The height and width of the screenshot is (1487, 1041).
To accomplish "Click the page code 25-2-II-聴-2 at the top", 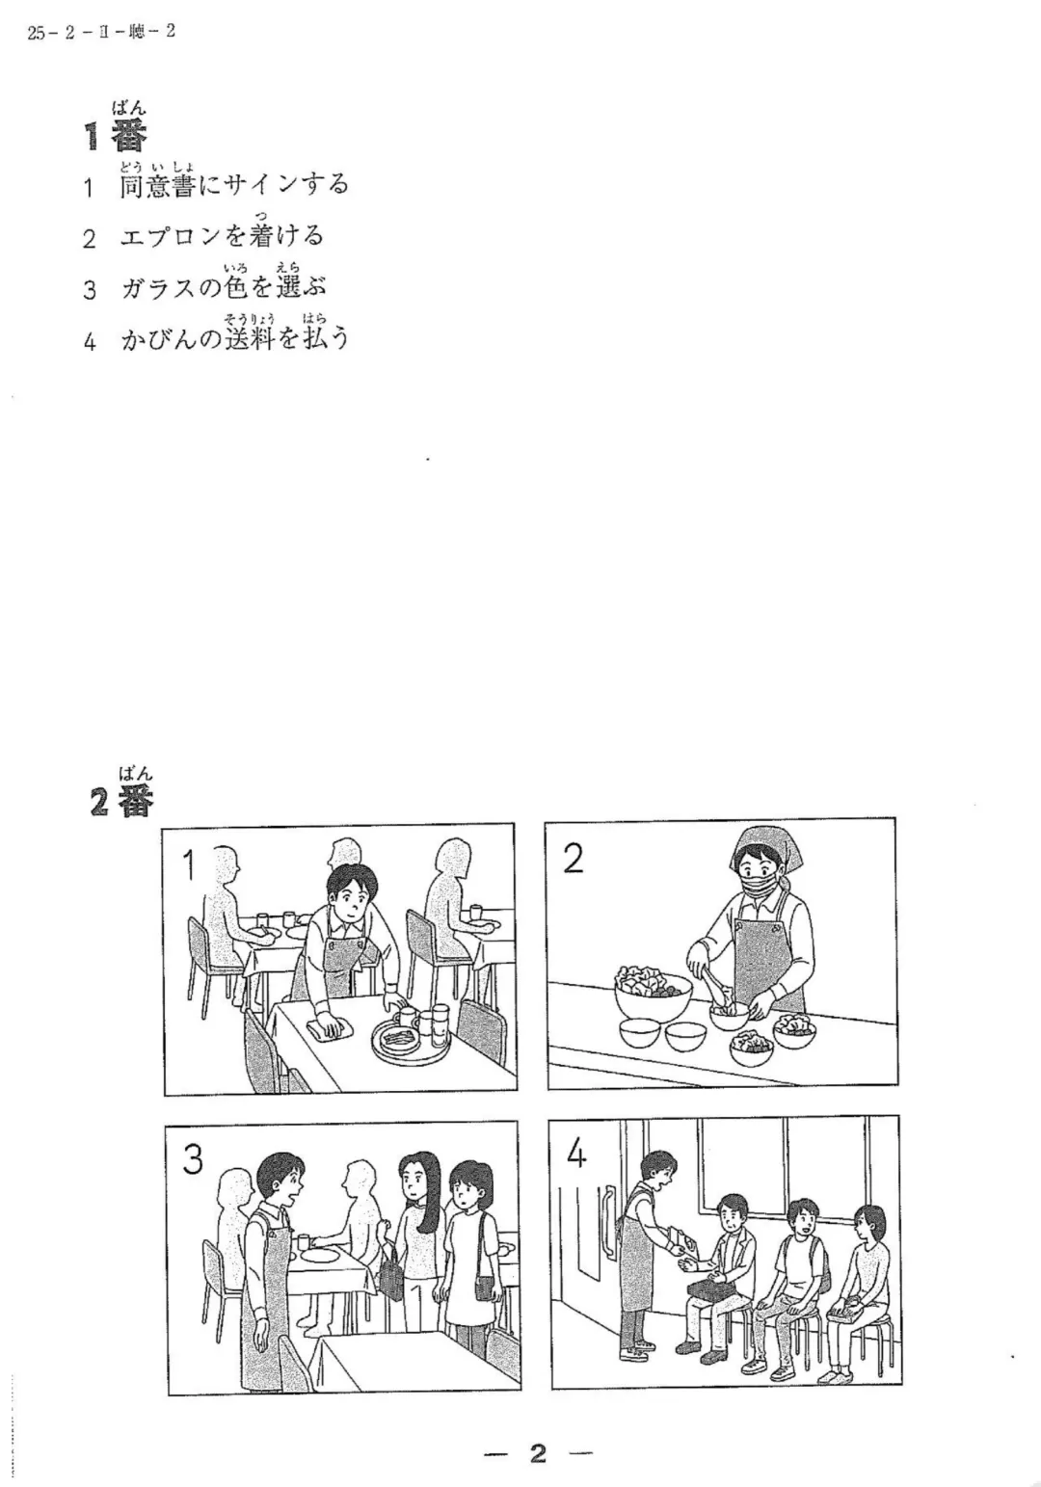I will (101, 32).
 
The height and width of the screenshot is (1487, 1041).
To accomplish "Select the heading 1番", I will (116, 135).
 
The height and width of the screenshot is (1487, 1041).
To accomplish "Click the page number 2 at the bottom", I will (538, 1453).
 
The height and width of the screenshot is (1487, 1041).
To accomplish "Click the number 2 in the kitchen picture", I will (573, 858).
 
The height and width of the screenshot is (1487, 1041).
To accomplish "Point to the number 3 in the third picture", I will (193, 1159).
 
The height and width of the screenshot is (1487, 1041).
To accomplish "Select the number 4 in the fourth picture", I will (576, 1153).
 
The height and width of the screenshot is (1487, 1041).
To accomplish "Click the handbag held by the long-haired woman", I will (391, 1275).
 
